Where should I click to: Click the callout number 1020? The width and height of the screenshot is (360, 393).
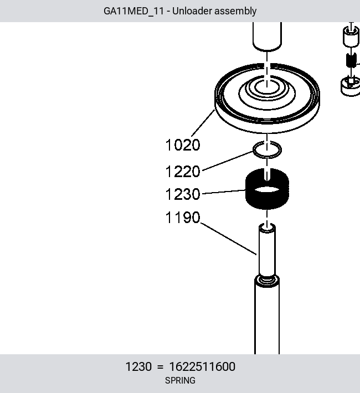pyautogui.click(x=183, y=145)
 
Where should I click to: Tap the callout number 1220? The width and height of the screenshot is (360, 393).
pyautogui.click(x=183, y=172)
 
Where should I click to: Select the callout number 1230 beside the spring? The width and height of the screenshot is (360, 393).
pyautogui.click(x=183, y=194)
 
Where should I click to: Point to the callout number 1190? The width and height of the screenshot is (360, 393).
pyautogui.click(x=183, y=218)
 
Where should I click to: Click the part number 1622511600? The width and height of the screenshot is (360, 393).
pyautogui.click(x=202, y=366)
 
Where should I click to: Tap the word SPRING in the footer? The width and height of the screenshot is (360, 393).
pyautogui.click(x=180, y=380)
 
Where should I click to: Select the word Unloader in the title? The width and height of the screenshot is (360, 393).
pyautogui.click(x=192, y=11)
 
